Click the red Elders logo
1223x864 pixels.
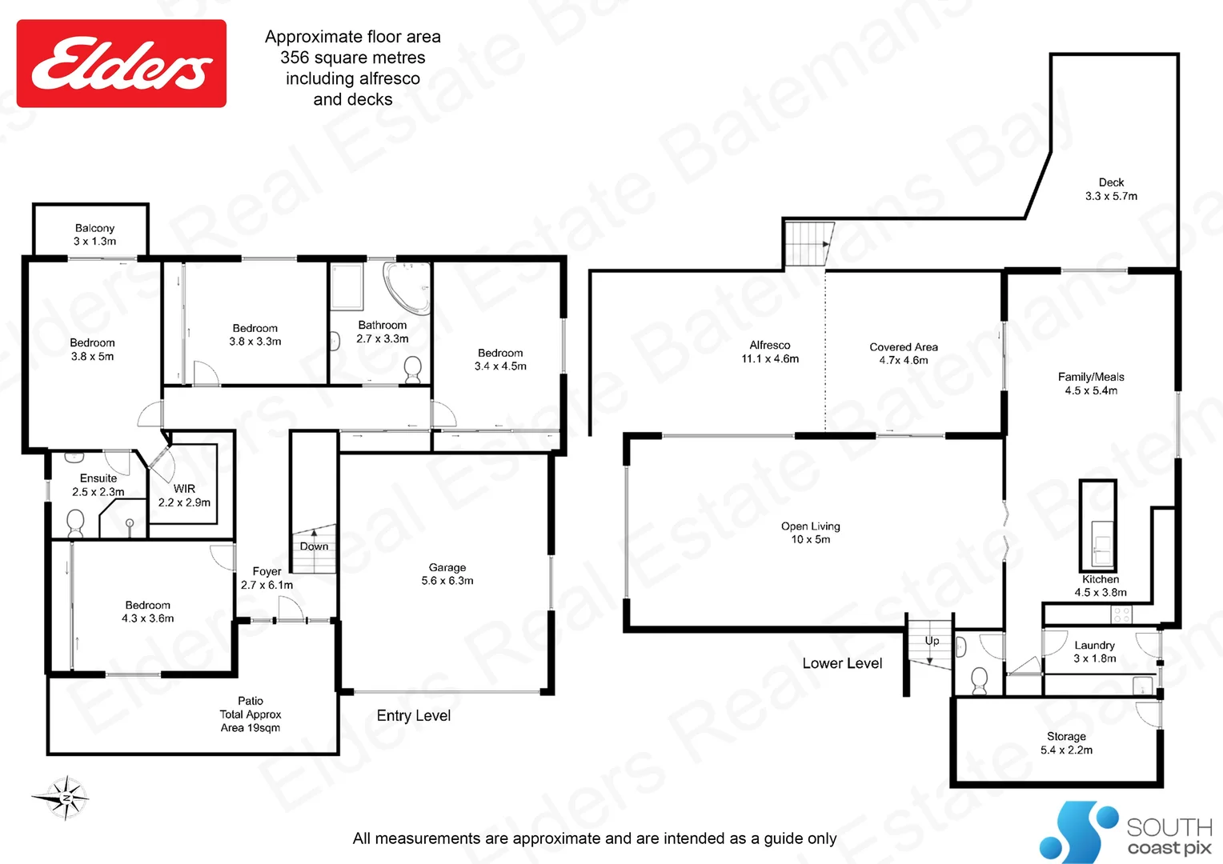(122, 64)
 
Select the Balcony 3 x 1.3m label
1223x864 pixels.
(94, 234)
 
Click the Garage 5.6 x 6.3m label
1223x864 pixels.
(447, 574)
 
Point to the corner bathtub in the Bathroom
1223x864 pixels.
(407, 286)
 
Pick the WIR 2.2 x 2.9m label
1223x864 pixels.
(184, 495)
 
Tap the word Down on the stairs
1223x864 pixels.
(314, 546)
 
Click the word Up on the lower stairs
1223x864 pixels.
(932, 641)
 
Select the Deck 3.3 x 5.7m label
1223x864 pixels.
(1111, 189)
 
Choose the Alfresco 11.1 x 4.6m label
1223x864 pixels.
(770, 352)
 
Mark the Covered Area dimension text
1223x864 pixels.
(904, 360)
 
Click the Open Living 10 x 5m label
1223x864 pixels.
(811, 533)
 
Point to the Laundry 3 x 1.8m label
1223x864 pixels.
(1094, 651)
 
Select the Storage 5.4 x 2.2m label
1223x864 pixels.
(1066, 742)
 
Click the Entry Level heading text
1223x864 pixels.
(414, 716)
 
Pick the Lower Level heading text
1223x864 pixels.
(842, 663)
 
